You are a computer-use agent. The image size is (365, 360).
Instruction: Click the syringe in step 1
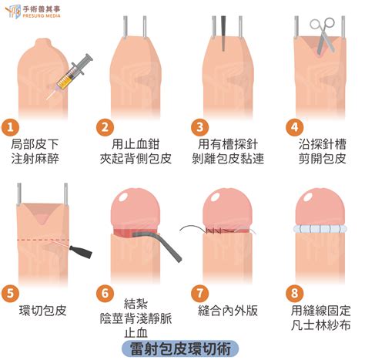pos(69,76)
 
